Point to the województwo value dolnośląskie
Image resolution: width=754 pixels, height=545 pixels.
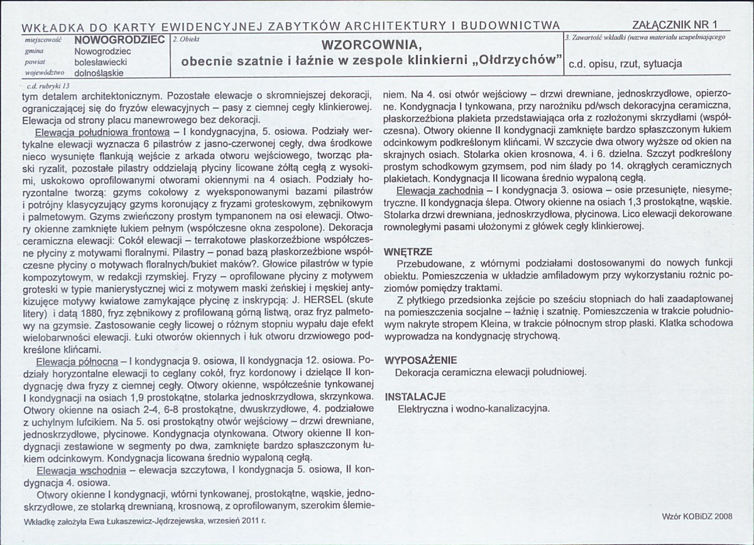point(99,72)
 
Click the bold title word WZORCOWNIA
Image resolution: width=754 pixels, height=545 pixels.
point(367,46)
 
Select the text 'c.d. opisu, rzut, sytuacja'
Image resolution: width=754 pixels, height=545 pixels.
point(625,63)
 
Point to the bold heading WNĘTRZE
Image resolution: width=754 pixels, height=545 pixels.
point(408,251)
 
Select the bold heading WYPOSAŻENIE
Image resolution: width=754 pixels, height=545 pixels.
point(420,360)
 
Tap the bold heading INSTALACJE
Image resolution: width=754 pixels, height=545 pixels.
point(415,397)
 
